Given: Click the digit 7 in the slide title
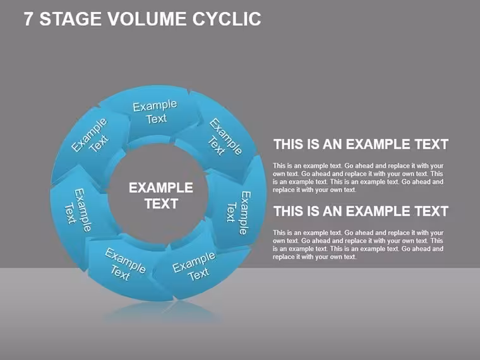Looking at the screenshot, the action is coord(28,19).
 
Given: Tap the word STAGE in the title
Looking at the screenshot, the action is coord(70,19).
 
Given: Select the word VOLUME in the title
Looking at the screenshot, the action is coord(147,19).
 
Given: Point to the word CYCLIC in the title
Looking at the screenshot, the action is coord(227,19).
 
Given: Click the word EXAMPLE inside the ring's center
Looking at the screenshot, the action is coord(161,188).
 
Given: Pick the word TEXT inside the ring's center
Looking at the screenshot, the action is coord(161,203).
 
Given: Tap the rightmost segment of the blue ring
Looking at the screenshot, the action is coord(239,211).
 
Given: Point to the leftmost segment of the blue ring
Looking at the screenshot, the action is coord(78,211).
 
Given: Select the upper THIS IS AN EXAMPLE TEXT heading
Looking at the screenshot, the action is coord(361,144).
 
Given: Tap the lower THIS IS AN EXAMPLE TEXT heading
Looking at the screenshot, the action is coord(361,211).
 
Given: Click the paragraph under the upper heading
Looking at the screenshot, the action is coord(358,177).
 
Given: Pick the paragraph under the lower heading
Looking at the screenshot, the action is coord(358,244).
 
